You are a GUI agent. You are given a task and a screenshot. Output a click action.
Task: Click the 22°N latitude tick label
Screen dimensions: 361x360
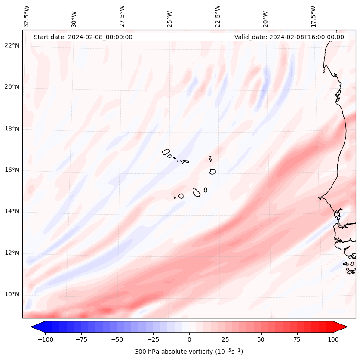[x=12, y=46]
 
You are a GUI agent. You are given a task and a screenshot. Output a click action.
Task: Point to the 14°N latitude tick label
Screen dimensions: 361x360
[x=12, y=211]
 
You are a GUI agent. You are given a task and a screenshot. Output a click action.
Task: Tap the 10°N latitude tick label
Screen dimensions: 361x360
[x=12, y=295]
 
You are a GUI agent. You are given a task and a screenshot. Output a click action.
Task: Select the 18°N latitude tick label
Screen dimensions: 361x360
[x=12, y=129]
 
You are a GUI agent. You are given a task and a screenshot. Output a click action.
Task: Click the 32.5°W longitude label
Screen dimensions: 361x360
[x=27, y=16]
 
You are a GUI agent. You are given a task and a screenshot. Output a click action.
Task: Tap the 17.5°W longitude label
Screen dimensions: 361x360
[x=313, y=16]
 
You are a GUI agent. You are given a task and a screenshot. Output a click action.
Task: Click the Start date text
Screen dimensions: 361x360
[x=83, y=37]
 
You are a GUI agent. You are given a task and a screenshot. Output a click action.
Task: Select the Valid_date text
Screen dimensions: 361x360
[x=289, y=37]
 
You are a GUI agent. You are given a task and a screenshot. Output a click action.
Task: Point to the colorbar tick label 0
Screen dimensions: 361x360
[x=189, y=339]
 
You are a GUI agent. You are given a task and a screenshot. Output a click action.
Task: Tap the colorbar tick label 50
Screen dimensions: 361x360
[x=261, y=339]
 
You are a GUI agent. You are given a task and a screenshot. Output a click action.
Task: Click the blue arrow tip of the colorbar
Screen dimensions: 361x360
[x=33, y=327]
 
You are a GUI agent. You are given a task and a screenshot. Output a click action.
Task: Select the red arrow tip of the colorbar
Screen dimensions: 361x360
[x=345, y=327]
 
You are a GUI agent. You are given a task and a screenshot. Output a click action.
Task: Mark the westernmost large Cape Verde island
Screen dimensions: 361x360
[x=166, y=152]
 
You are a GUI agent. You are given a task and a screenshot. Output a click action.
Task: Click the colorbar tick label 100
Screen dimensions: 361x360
[x=333, y=339]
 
